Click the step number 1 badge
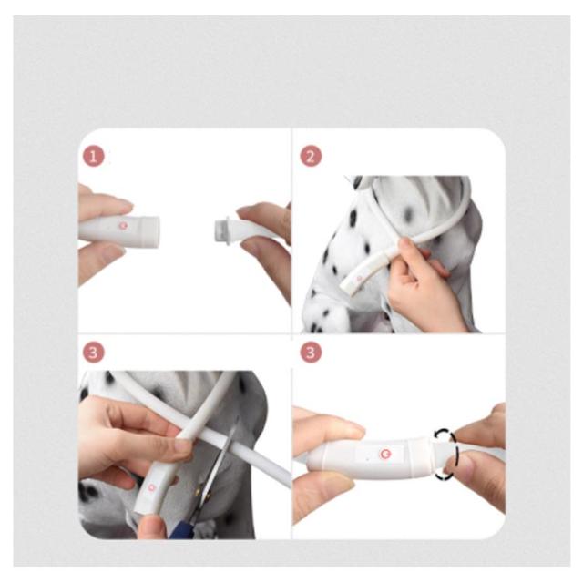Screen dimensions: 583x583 93,157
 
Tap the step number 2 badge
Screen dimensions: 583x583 311,157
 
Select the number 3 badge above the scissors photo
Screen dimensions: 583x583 93,353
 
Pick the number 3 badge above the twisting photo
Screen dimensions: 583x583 311,353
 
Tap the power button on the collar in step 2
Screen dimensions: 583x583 360,278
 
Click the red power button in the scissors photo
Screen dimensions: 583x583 151,487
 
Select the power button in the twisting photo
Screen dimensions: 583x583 384,454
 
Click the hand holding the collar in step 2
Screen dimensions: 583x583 424,282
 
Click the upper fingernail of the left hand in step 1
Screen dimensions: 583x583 124,205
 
